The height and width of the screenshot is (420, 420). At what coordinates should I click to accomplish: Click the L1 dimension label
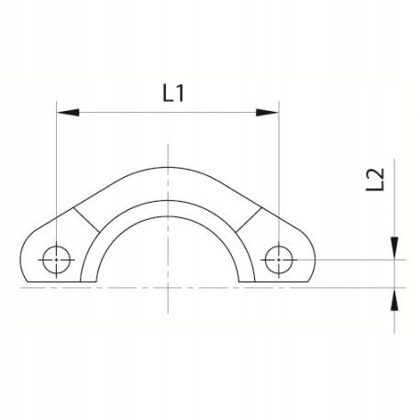(x=167, y=93)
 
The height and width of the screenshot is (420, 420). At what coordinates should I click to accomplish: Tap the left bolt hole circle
(x=56, y=259)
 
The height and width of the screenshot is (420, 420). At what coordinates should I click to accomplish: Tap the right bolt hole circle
(x=277, y=259)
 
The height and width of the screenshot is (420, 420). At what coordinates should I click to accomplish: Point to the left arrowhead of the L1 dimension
(x=66, y=113)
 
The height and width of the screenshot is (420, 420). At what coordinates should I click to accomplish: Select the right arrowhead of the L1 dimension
(x=267, y=113)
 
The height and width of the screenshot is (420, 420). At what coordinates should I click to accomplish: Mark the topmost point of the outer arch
(x=167, y=168)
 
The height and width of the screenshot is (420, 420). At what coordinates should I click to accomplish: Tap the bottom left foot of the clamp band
(x=90, y=281)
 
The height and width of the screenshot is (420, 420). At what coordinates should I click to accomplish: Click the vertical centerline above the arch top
(x=167, y=154)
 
